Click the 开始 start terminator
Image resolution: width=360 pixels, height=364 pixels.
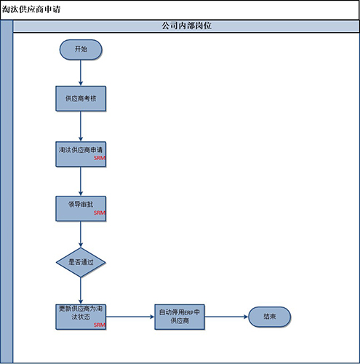click(x=81, y=50)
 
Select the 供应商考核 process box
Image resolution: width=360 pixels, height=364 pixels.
click(x=81, y=98)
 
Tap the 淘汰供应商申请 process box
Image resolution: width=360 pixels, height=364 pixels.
click(x=81, y=154)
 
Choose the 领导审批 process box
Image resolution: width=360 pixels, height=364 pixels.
click(x=81, y=209)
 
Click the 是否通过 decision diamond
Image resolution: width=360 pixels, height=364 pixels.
click(x=81, y=262)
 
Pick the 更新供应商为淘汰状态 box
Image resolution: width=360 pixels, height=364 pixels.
click(x=81, y=317)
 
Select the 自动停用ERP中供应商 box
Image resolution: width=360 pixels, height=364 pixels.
click(x=180, y=317)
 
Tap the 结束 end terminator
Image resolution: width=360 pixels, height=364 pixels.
click(x=270, y=317)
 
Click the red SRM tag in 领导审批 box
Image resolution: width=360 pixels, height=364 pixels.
click(x=100, y=213)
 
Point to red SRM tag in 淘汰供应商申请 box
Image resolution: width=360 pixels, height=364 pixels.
click(x=100, y=158)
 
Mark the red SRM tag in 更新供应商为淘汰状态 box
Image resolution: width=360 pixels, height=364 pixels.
click(x=100, y=325)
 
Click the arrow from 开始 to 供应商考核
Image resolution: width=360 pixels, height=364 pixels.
click(x=81, y=73)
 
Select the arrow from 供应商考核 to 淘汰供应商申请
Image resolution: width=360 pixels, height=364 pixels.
click(x=81, y=127)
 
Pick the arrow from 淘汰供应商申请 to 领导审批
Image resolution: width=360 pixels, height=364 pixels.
click(x=81, y=181)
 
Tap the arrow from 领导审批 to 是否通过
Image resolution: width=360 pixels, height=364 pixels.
click(x=81, y=234)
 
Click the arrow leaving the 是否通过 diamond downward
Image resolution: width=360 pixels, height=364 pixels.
click(x=81, y=290)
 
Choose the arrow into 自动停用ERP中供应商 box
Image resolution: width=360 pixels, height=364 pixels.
click(x=130, y=317)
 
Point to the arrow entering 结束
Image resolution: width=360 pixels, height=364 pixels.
click(x=227, y=317)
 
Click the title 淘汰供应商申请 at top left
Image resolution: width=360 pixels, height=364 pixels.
click(x=31, y=9)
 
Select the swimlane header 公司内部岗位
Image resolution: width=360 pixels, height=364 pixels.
click(x=186, y=25)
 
